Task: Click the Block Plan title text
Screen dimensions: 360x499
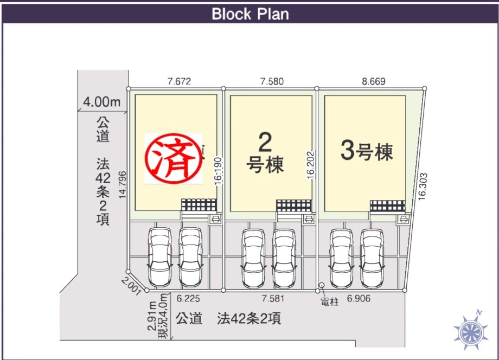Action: point(250,14)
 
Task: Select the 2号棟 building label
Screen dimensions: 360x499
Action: point(265,154)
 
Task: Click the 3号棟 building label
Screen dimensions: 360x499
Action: point(367,152)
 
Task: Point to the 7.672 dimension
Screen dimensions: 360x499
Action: point(179,82)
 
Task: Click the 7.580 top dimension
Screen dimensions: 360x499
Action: point(272,82)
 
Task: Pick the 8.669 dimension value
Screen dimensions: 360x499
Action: point(373,82)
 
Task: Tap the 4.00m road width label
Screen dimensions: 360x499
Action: point(102,101)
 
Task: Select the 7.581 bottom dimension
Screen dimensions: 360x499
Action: point(273,298)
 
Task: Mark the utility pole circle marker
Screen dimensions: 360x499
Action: point(322,285)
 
